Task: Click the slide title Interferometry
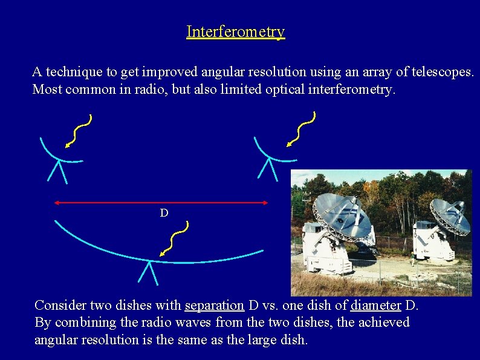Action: [x=235, y=31]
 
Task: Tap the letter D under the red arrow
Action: [x=164, y=213]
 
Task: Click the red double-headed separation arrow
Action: [x=161, y=203]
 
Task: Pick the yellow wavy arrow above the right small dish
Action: [x=301, y=129]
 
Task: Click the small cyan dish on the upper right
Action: [x=273, y=154]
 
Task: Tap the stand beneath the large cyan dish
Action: [x=148, y=273]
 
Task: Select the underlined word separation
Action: [x=214, y=305]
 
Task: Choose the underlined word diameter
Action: [x=376, y=305]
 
